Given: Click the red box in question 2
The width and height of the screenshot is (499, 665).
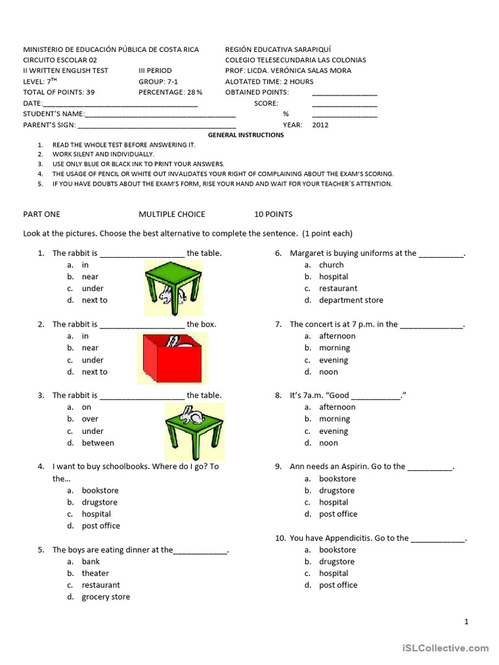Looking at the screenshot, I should tap(172, 361).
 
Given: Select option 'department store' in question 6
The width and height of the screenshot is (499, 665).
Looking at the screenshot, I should tap(351, 300).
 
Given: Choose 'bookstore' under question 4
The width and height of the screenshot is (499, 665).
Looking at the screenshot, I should tap(100, 490).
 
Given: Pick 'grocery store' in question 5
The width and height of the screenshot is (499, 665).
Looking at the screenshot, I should tap(105, 597).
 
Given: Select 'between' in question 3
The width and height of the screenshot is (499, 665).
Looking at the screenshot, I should tap(97, 443).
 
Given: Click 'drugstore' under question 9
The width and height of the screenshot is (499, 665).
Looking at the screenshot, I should tap(337, 490).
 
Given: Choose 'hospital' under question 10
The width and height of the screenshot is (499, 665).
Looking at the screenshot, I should tap(333, 573).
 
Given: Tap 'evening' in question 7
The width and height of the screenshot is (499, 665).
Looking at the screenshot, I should tap(333, 360).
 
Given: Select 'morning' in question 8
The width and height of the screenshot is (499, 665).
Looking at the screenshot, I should tap(335, 419).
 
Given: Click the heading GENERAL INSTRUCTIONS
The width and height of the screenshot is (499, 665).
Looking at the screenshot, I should tap(246, 135).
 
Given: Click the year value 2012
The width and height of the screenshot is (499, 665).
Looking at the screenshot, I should tap(320, 125).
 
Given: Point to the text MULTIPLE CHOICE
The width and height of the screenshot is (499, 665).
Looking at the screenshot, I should tap(172, 214).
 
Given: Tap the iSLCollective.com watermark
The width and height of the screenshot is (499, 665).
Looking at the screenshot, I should tap(445, 647).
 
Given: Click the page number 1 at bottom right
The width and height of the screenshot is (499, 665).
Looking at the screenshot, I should tap(466, 621).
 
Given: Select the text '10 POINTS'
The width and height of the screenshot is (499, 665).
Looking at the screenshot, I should tap(274, 214).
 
